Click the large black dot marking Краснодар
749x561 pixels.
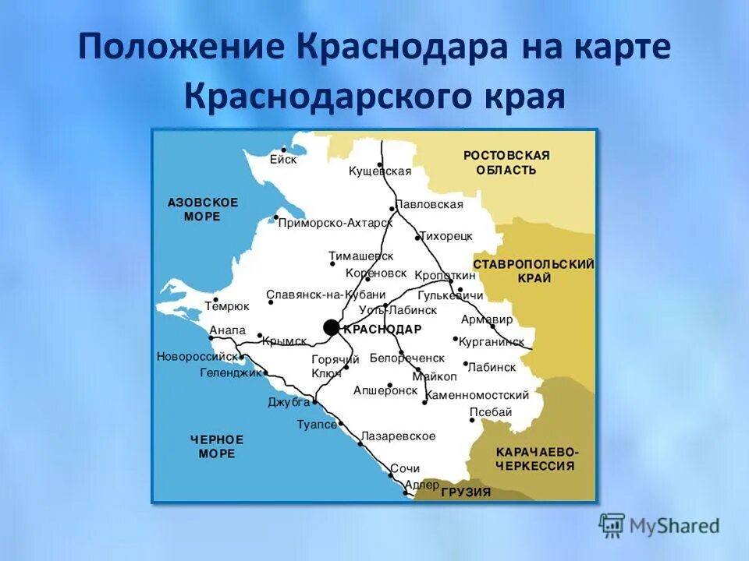[x=332, y=327]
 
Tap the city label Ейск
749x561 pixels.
[x=283, y=159]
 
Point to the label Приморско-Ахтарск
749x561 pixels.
[x=335, y=223]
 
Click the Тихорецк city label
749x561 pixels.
[x=446, y=235]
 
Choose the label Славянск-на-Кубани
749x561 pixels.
[x=326, y=295]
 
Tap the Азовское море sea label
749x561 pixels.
[x=203, y=209]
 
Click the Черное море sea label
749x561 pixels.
[x=217, y=446]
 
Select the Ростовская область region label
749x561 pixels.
[x=506, y=162]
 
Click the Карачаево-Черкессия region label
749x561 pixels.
[x=536, y=459]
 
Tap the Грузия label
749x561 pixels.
[x=466, y=492]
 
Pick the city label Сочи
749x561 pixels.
[x=405, y=468]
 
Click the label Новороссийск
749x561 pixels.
[x=197, y=356]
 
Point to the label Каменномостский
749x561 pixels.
[x=477, y=395]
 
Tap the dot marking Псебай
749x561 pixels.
[x=471, y=419]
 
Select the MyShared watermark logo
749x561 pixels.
[x=659, y=525]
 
